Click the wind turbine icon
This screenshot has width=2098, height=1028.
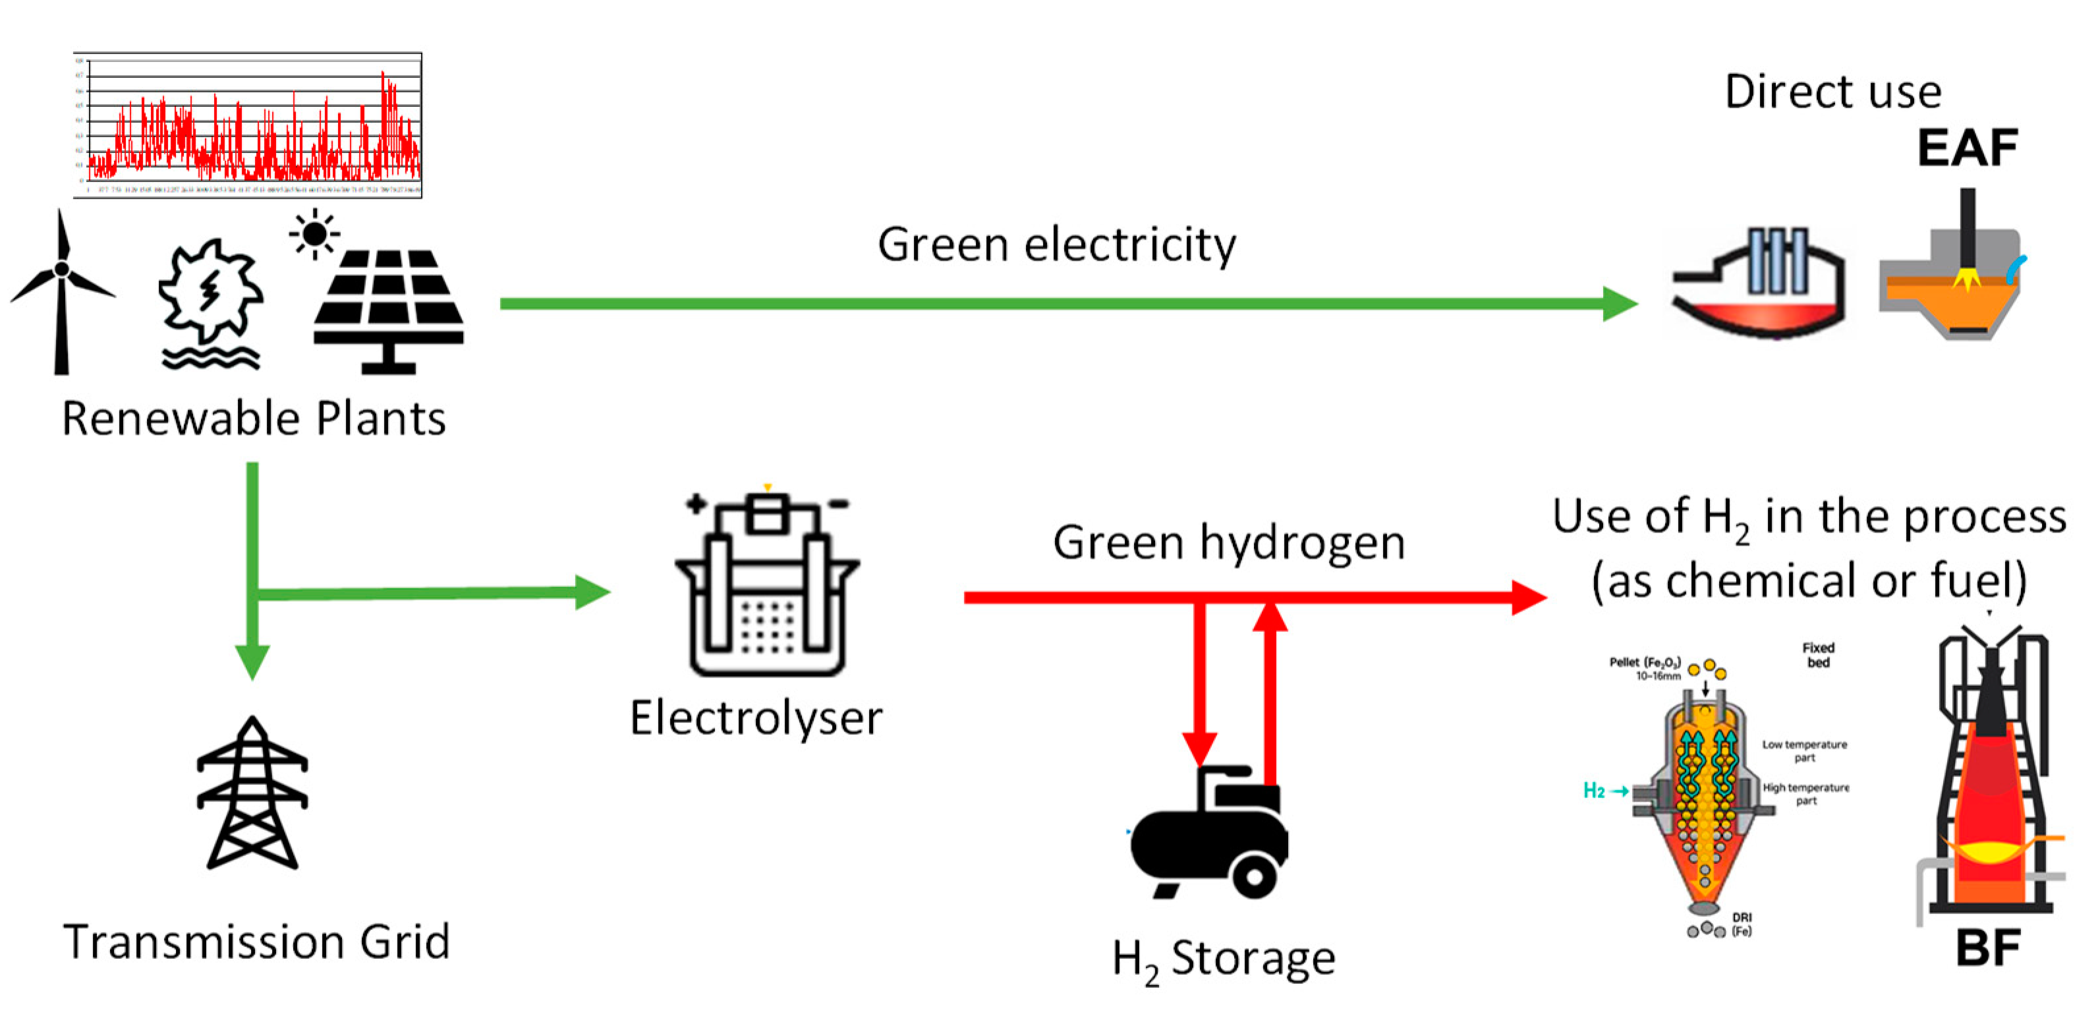[x=61, y=293]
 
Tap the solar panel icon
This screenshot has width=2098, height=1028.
[x=389, y=310]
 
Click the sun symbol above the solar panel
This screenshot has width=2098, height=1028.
[x=314, y=235]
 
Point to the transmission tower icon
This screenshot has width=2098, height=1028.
[x=252, y=794]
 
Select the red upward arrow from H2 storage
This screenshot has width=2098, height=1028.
[x=1270, y=693]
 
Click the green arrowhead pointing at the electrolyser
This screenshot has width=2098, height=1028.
[x=592, y=592]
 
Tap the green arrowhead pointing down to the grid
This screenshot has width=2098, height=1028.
[x=252, y=660]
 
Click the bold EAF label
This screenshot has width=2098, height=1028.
[x=1968, y=148]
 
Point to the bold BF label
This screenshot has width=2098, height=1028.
[x=1988, y=948]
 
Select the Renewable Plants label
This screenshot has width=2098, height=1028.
[x=254, y=418]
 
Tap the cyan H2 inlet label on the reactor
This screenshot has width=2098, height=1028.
[x=1594, y=790]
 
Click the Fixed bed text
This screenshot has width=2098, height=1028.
[x=1818, y=655]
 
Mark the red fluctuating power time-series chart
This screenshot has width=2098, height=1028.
[x=248, y=125]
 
